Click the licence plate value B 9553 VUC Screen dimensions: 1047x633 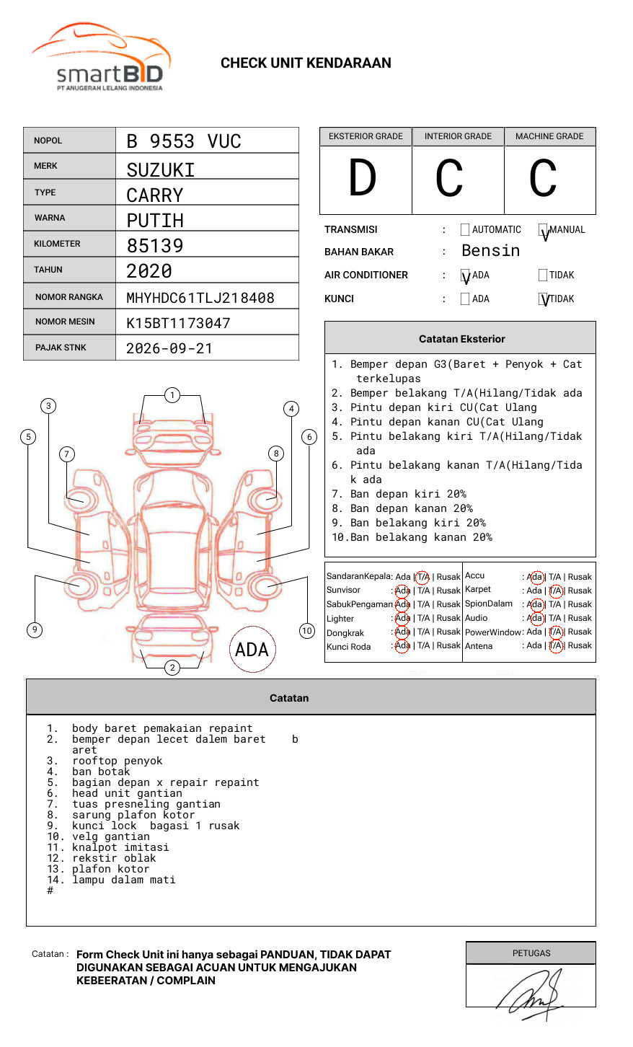[x=183, y=141]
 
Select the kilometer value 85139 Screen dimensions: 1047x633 [x=155, y=246]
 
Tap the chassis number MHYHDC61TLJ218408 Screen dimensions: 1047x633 [x=200, y=298]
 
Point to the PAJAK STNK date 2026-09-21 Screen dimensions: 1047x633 [x=169, y=348]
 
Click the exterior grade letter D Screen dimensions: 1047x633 [x=363, y=179]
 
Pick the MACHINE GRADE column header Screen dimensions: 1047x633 [x=549, y=136]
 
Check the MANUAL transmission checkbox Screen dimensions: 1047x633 [x=543, y=230]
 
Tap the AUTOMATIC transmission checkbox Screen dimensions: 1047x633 [x=465, y=230]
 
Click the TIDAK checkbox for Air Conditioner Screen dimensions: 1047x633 [x=543, y=275]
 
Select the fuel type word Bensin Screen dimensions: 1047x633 [x=490, y=251]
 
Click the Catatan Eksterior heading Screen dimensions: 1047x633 [x=461, y=339]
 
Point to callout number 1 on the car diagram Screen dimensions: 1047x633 [x=172, y=395]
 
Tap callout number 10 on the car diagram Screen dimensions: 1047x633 [x=307, y=631]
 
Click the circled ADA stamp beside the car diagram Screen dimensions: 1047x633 [x=252, y=650]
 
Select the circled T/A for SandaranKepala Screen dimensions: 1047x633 [x=422, y=577]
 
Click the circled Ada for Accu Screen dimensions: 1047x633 [x=535, y=577]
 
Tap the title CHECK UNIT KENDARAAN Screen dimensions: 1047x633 [x=306, y=63]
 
